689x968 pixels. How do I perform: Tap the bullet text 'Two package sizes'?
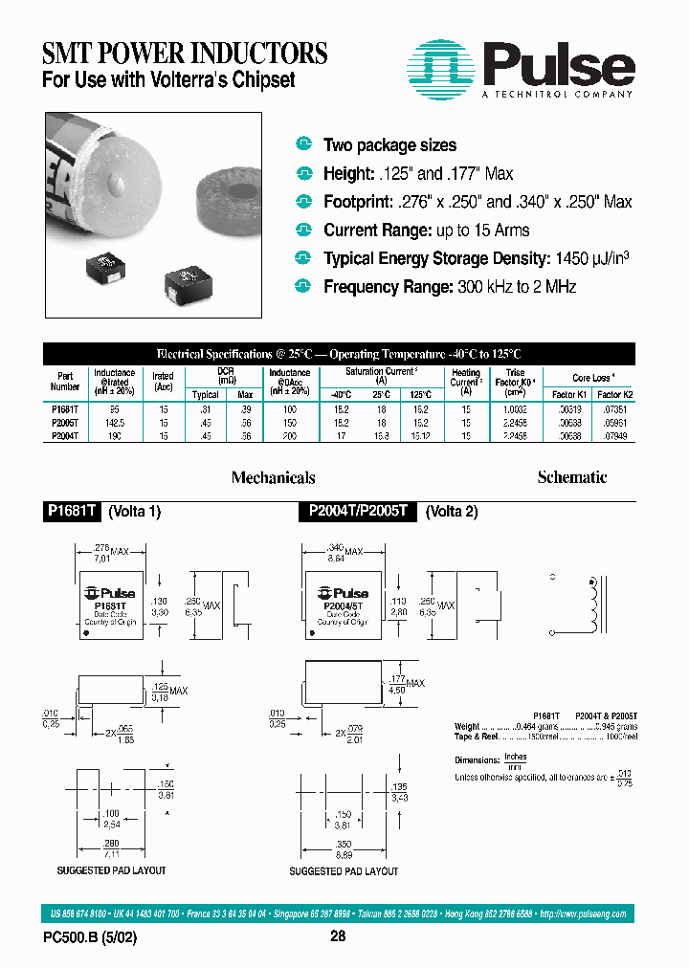[389, 145]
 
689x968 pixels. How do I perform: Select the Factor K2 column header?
[614, 394]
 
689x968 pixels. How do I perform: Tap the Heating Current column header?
[466, 381]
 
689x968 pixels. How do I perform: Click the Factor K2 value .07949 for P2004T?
[614, 434]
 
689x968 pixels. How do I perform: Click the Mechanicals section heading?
[273, 477]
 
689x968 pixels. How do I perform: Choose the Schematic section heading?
[571, 477]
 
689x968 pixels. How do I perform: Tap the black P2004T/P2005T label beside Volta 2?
[357, 512]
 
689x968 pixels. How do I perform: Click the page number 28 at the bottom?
[338, 937]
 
